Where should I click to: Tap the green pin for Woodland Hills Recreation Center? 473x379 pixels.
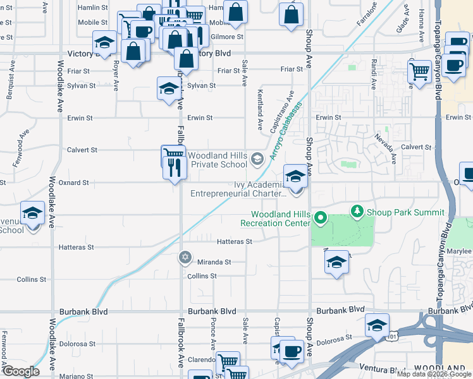pyautogui.click(x=321, y=219)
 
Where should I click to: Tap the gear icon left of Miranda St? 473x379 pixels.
pyautogui.click(x=185, y=257)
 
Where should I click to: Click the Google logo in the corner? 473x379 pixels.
pyautogui.click(x=21, y=371)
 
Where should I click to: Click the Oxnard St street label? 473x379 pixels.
pyautogui.click(x=75, y=183)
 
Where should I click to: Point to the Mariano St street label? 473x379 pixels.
pyautogui.click(x=77, y=376)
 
